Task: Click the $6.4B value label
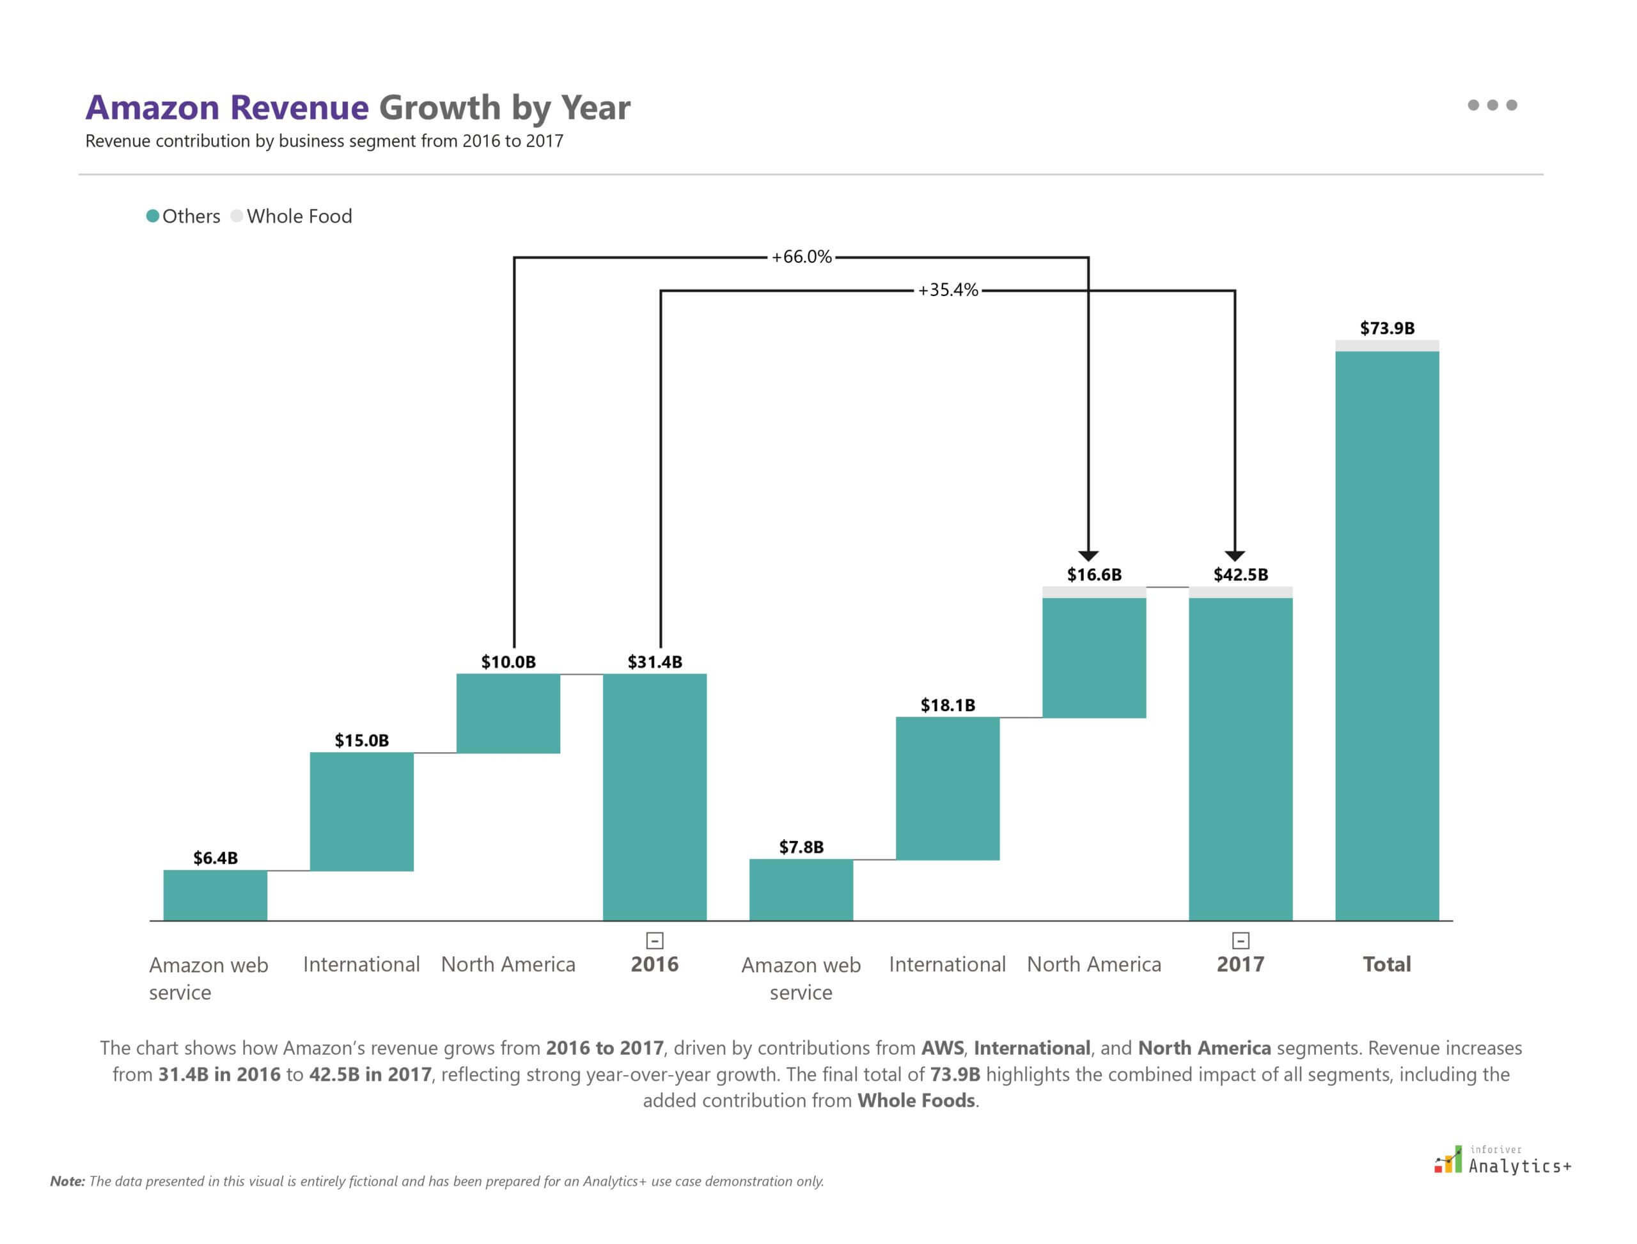coord(215,858)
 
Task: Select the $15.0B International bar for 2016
coord(361,812)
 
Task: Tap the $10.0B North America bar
coord(508,713)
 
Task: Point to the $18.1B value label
coord(947,705)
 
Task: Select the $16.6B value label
coord(1093,574)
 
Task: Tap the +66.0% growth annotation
coord(801,257)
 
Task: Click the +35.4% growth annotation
coord(948,290)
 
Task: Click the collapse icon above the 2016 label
coord(655,940)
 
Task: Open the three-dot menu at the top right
coord(1492,105)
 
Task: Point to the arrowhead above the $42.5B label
coord(1234,556)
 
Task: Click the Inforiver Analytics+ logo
coord(1503,1160)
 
